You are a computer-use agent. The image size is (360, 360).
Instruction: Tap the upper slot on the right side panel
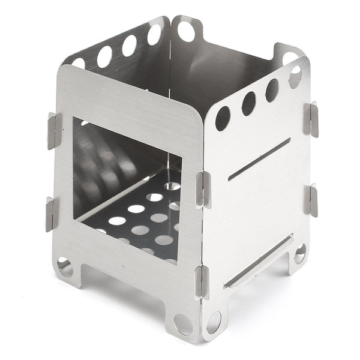click(259, 160)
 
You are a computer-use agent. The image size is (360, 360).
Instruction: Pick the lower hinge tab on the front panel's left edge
click(52, 212)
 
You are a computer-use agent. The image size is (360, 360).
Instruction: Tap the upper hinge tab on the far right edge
click(310, 119)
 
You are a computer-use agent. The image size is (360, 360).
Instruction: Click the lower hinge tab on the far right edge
click(310, 200)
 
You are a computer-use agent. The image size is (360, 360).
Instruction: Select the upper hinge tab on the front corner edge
click(203, 190)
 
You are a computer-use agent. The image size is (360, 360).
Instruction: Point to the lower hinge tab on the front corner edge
click(202, 281)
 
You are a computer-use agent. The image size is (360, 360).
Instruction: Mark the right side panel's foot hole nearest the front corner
click(213, 322)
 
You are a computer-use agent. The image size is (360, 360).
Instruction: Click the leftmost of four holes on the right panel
click(223, 118)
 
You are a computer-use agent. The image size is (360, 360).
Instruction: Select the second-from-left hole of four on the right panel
click(248, 103)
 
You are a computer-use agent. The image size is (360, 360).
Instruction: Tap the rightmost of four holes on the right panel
click(295, 77)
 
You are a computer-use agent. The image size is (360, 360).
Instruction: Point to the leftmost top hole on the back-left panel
click(79, 62)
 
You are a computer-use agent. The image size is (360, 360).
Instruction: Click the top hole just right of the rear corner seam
click(186, 31)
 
